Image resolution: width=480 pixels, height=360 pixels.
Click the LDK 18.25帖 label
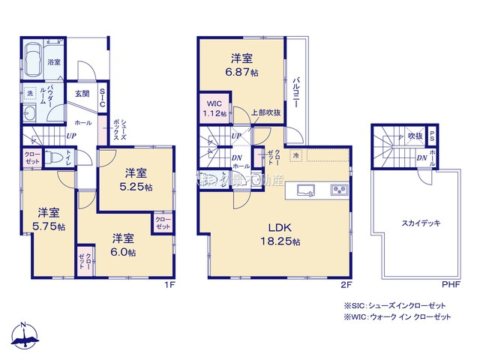point(281,234)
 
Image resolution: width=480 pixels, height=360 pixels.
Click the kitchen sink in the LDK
point(307,190)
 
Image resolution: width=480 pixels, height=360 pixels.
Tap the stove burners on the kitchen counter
point(339,190)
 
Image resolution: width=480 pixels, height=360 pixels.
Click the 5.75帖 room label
point(48,220)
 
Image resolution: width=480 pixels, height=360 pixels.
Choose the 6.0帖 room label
point(124,245)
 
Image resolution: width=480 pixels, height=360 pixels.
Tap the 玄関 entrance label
point(82,94)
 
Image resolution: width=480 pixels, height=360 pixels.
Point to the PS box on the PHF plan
point(433,136)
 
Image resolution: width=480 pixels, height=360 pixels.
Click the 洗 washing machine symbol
point(30,93)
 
